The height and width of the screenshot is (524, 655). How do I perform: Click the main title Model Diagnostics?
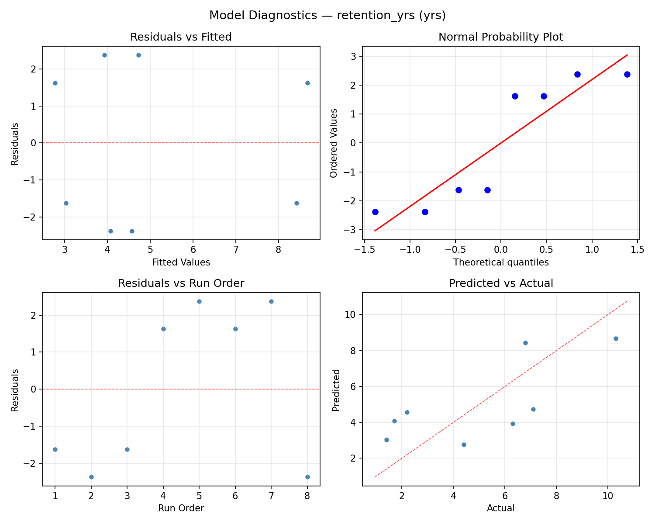[x=327, y=15]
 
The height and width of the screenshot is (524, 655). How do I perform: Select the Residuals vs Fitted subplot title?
[x=181, y=37]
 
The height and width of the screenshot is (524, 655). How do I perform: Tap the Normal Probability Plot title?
[x=500, y=37]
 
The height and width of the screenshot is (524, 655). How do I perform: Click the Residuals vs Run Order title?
[x=181, y=283]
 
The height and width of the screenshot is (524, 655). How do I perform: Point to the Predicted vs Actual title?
[x=500, y=283]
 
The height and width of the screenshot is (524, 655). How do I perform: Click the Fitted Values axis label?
[x=181, y=262]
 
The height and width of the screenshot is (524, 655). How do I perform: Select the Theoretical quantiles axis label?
[x=500, y=262]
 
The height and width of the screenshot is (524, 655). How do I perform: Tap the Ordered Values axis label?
[x=334, y=143]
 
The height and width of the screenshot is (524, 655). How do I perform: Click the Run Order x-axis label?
[x=181, y=508]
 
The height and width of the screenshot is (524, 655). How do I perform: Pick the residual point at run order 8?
[x=307, y=477]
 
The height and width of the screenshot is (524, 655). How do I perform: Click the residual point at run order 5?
[x=199, y=301]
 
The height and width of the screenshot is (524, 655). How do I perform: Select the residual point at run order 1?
[x=55, y=449]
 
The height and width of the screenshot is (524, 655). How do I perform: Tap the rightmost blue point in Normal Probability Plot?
[x=627, y=74]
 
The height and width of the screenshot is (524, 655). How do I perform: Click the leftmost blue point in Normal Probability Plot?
[x=375, y=212]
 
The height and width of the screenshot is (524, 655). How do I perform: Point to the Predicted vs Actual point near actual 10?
[x=616, y=338]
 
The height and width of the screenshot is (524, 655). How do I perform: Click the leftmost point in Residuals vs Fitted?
[x=55, y=83]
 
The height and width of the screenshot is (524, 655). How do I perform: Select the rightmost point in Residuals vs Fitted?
[x=307, y=83]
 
